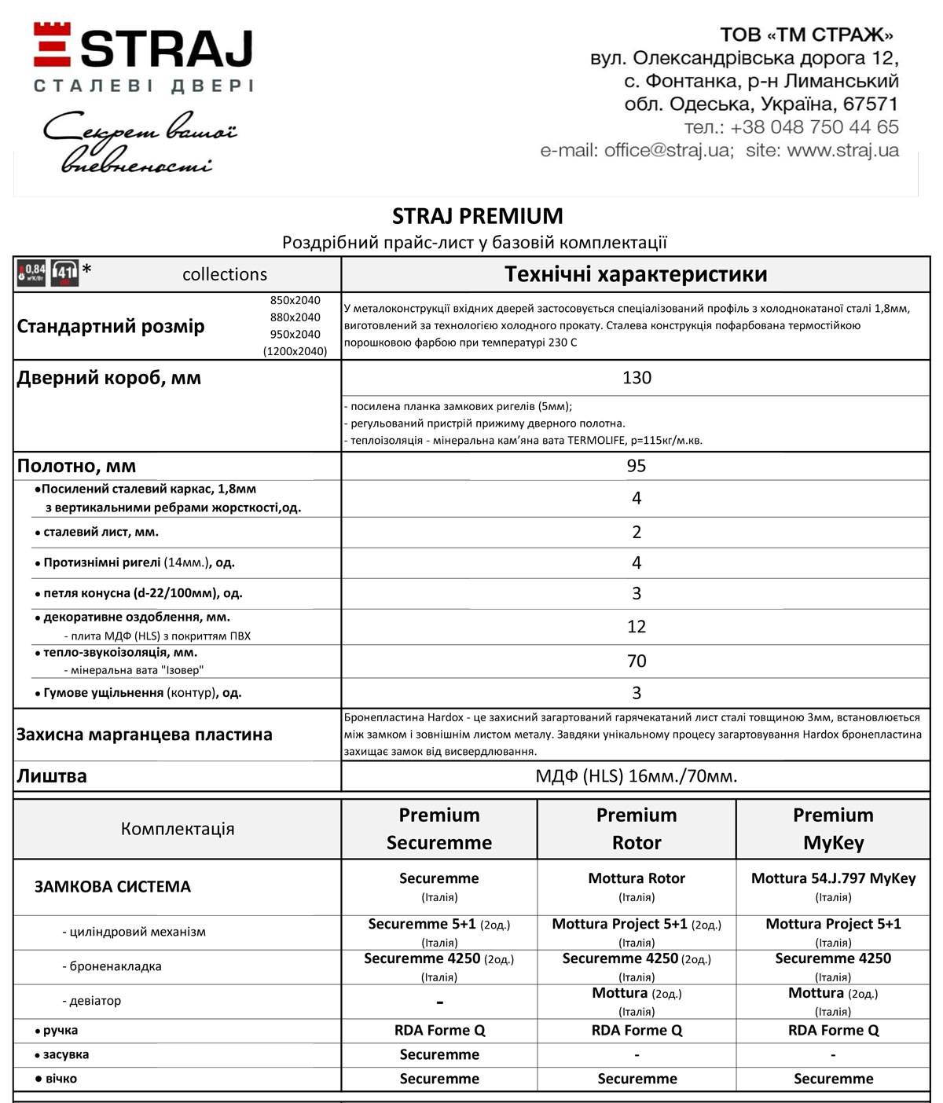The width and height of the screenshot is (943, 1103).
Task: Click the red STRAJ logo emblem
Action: [52, 44]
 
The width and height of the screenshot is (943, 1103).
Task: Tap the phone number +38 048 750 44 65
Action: [813, 127]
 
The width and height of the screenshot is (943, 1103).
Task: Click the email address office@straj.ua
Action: [667, 150]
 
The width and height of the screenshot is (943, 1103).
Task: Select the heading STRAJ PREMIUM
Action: [477, 216]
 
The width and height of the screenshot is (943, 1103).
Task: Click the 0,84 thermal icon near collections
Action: [32, 273]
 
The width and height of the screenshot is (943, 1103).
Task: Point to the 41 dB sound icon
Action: [64, 273]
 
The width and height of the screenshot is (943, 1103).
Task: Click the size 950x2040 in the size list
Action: [295, 334]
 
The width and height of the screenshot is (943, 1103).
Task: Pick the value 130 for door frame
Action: [636, 378]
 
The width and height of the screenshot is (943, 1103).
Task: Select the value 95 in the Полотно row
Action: [636, 466]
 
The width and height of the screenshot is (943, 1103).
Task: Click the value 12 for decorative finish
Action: [636, 627]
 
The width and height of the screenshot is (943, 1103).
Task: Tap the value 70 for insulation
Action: [636, 661]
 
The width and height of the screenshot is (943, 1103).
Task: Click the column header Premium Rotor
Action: [636, 829]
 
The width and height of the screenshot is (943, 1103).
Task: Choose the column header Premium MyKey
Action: [833, 829]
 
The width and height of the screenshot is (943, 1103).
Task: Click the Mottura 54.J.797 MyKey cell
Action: [833, 878]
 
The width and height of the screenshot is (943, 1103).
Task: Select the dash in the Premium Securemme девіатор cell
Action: [439, 1002]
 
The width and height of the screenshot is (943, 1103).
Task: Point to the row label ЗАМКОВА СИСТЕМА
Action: [112, 887]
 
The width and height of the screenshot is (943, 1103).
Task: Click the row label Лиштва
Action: [52, 776]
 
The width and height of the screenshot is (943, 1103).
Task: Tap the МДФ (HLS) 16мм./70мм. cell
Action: [636, 776]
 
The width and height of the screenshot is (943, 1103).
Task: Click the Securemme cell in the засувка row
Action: [439, 1054]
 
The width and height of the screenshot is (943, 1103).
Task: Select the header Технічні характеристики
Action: [636, 274]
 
